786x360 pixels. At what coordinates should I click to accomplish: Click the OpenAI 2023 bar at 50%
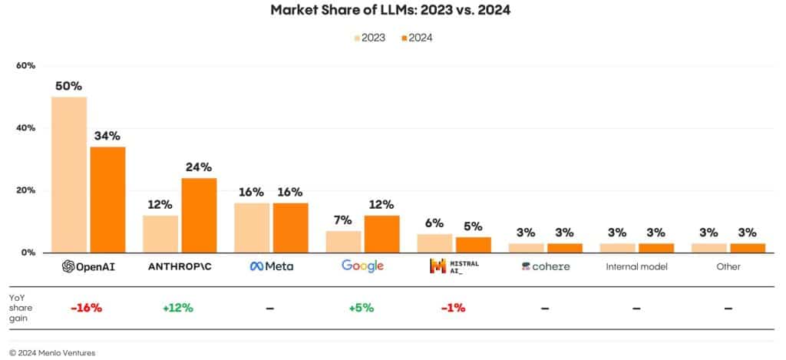point(68,174)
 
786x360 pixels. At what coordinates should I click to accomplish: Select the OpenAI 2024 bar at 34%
point(107,199)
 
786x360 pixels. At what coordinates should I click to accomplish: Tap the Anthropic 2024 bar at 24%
point(199,215)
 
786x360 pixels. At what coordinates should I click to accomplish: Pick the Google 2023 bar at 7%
point(343,241)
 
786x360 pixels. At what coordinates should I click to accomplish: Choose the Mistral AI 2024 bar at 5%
point(473,244)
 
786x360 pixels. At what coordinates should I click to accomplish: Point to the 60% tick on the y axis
point(25,66)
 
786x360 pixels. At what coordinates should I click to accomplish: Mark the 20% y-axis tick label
point(25,190)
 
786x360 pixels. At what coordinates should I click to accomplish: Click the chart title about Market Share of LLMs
point(392,11)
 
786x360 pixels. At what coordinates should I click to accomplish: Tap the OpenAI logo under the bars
point(89,266)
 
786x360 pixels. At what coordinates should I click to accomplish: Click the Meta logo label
point(271,266)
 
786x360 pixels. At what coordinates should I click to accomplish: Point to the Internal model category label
point(636,266)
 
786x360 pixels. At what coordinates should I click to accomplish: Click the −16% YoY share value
point(86,308)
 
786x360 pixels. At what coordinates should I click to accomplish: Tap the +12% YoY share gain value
point(178,308)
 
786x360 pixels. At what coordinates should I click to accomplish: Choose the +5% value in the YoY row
point(361,308)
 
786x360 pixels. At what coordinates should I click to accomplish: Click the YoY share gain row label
point(20,308)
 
